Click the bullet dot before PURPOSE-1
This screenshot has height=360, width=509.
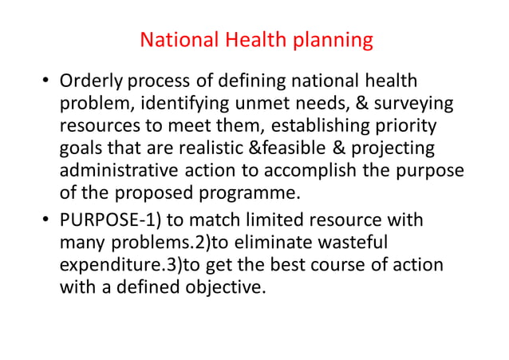pos(45,220)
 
